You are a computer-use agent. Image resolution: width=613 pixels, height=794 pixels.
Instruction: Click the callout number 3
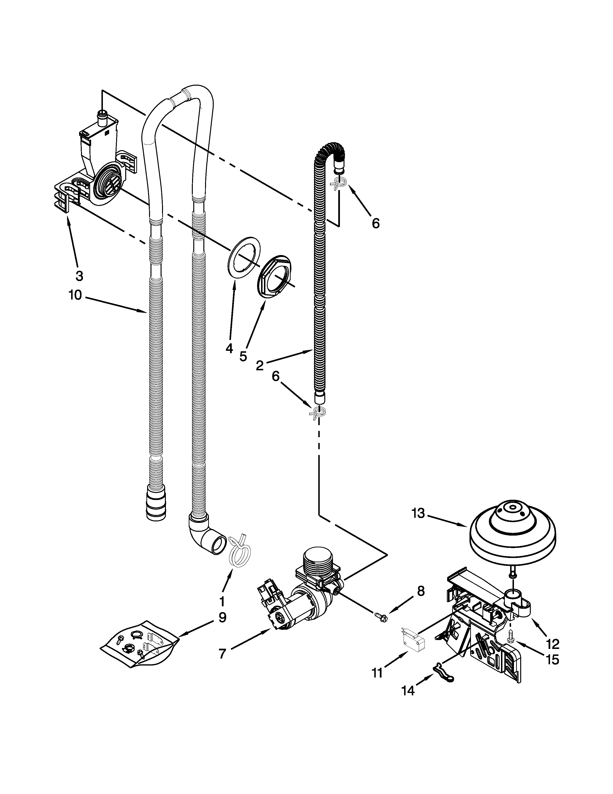[79, 276]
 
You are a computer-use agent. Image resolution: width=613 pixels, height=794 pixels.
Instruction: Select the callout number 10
[75, 295]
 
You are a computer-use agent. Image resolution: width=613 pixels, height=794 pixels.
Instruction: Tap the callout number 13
[418, 513]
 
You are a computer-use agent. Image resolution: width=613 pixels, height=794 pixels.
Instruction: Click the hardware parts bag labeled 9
[140, 644]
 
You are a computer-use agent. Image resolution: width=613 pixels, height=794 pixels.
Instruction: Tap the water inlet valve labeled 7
[305, 596]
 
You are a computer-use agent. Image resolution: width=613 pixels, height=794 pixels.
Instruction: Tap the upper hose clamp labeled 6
[337, 186]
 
